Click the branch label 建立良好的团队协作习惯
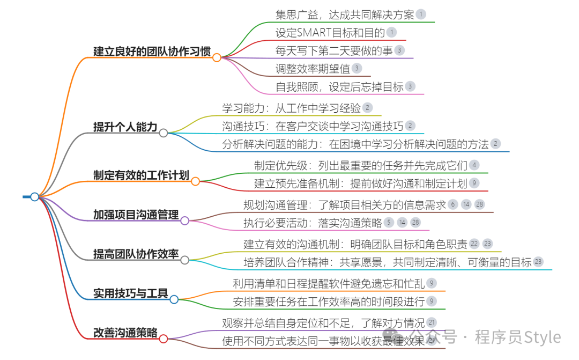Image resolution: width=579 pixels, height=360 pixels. click(x=152, y=52)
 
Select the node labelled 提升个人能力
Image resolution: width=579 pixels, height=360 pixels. click(x=125, y=127)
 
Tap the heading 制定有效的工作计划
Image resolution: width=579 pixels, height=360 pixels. click(x=141, y=176)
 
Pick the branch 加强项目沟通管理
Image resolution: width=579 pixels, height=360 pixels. click(x=136, y=215)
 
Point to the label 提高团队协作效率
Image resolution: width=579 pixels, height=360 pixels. click(x=136, y=254)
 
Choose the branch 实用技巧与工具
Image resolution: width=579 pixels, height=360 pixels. click(x=130, y=293)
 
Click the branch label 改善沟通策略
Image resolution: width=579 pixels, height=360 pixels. click(x=125, y=333)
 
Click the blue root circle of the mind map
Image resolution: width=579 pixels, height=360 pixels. click(x=35, y=197)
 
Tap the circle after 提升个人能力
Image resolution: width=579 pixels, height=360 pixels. click(x=164, y=133)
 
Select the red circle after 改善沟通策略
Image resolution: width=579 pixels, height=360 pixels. click(x=164, y=339)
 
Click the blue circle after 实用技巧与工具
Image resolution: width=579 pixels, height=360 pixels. click(x=174, y=299)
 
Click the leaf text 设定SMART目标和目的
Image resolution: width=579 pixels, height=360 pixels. click(x=330, y=33)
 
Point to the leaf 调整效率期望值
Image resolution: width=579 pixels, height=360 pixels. click(x=312, y=68)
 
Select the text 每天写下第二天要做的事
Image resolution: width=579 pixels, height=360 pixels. click(x=333, y=50)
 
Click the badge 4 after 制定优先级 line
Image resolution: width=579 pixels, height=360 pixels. click(x=474, y=165)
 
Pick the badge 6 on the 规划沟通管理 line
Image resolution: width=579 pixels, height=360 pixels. click(x=453, y=204)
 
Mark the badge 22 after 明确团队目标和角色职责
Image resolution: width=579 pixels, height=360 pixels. click(x=474, y=244)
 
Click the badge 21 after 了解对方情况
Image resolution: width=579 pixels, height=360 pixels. click(x=432, y=322)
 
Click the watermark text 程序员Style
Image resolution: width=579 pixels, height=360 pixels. click(x=517, y=337)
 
